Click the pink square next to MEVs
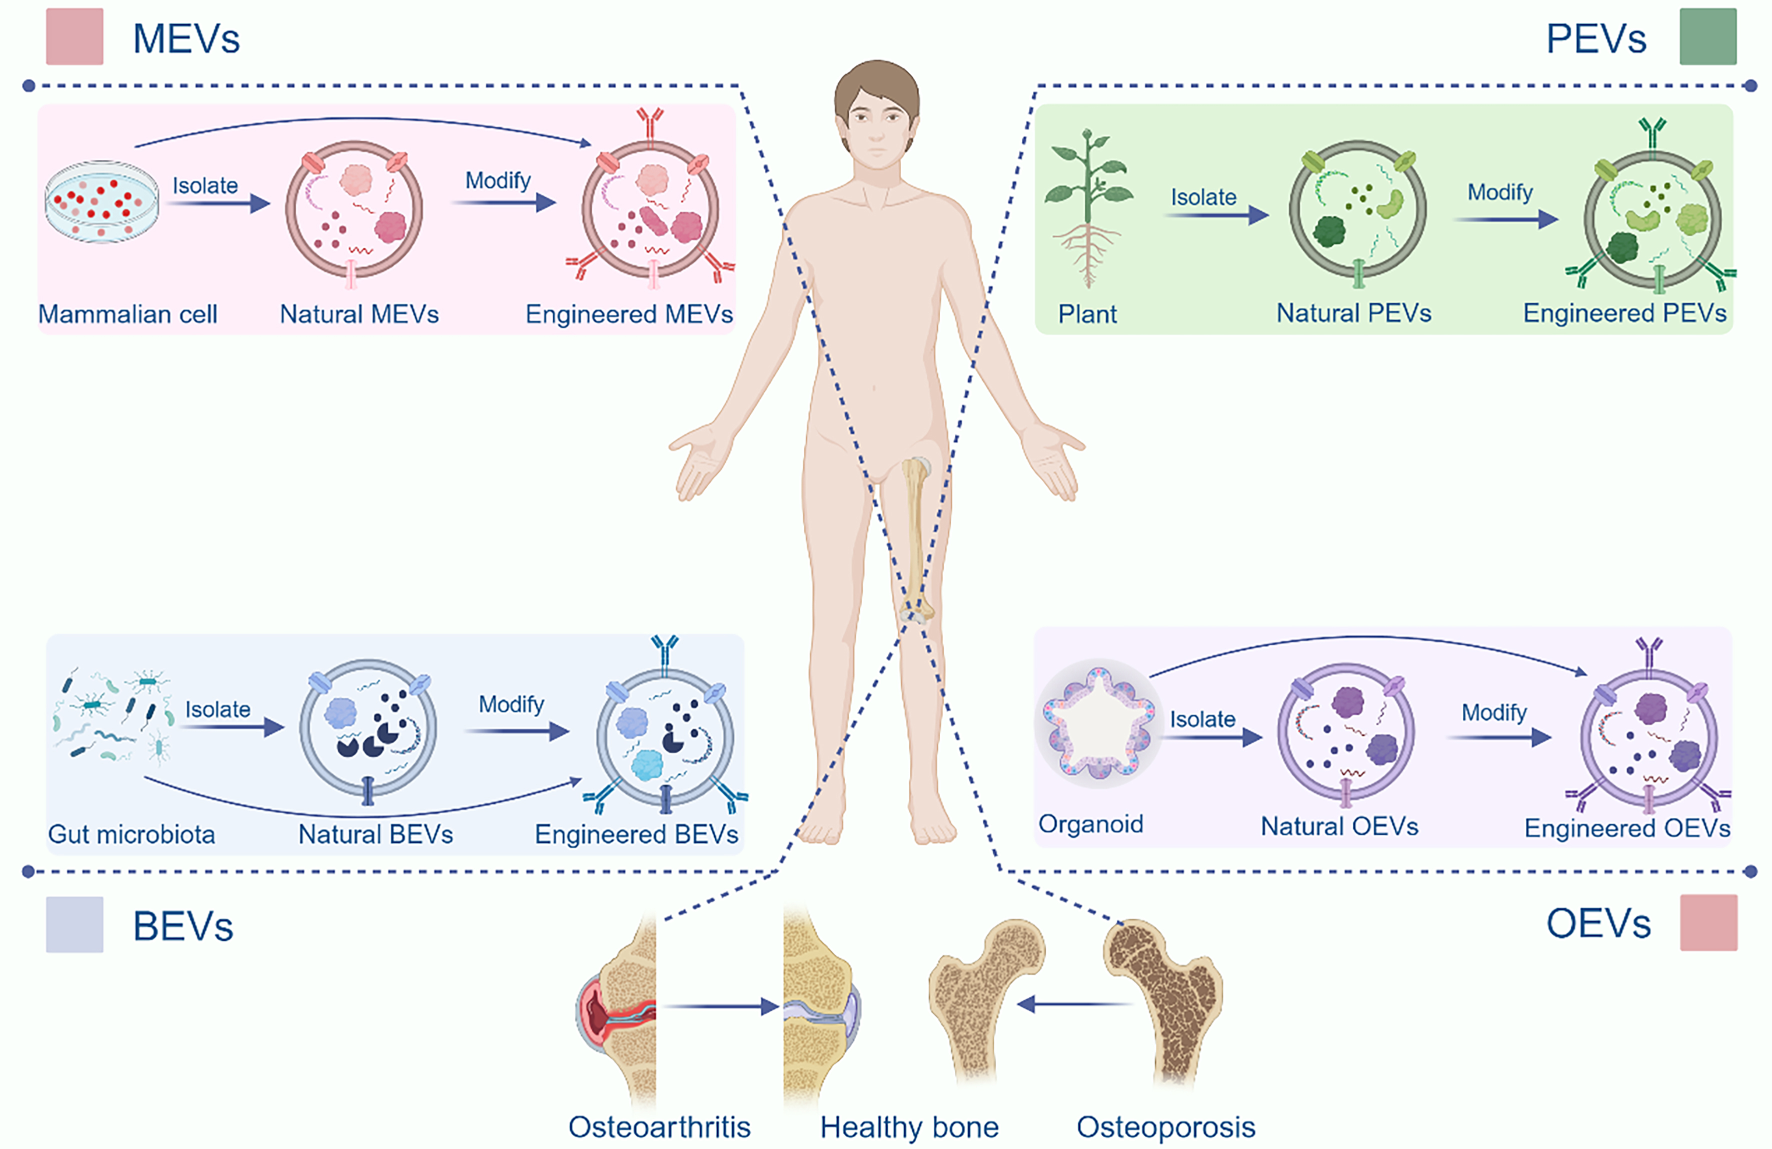75,36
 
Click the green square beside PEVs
1708,36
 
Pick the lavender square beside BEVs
75,924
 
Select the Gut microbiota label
132,834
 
